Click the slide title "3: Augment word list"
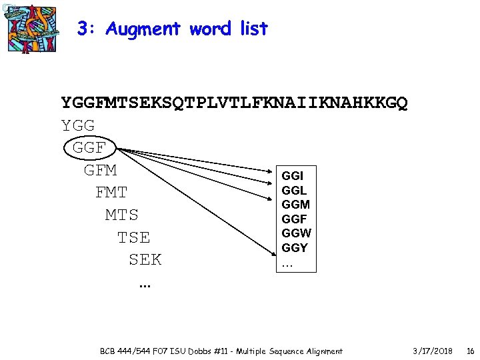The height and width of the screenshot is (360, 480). click(172, 29)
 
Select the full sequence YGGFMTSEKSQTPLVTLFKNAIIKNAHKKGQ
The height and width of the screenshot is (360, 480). click(234, 103)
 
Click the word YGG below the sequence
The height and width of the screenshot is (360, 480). click(78, 125)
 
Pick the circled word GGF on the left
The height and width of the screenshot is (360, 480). click(89, 147)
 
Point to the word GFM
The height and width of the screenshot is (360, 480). click(100, 170)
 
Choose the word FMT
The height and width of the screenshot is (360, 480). click(111, 193)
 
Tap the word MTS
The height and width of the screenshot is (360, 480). click(122, 215)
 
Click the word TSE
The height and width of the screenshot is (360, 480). click(133, 237)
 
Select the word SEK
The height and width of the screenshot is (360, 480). click(145, 259)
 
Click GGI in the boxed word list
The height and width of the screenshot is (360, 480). click(293, 176)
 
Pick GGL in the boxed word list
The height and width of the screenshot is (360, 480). click(294, 191)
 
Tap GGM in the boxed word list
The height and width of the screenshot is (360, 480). click(295, 205)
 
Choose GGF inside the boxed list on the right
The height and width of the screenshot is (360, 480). click(294, 219)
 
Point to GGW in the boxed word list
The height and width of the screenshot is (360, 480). click(296, 233)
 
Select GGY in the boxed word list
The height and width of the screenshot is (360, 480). click(295, 247)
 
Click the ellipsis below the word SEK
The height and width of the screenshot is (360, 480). click(145, 285)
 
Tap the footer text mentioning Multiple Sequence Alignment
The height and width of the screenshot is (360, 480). click(221, 351)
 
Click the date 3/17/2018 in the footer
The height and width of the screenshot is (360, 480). click(433, 351)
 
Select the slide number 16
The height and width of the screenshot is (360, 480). click(470, 351)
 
